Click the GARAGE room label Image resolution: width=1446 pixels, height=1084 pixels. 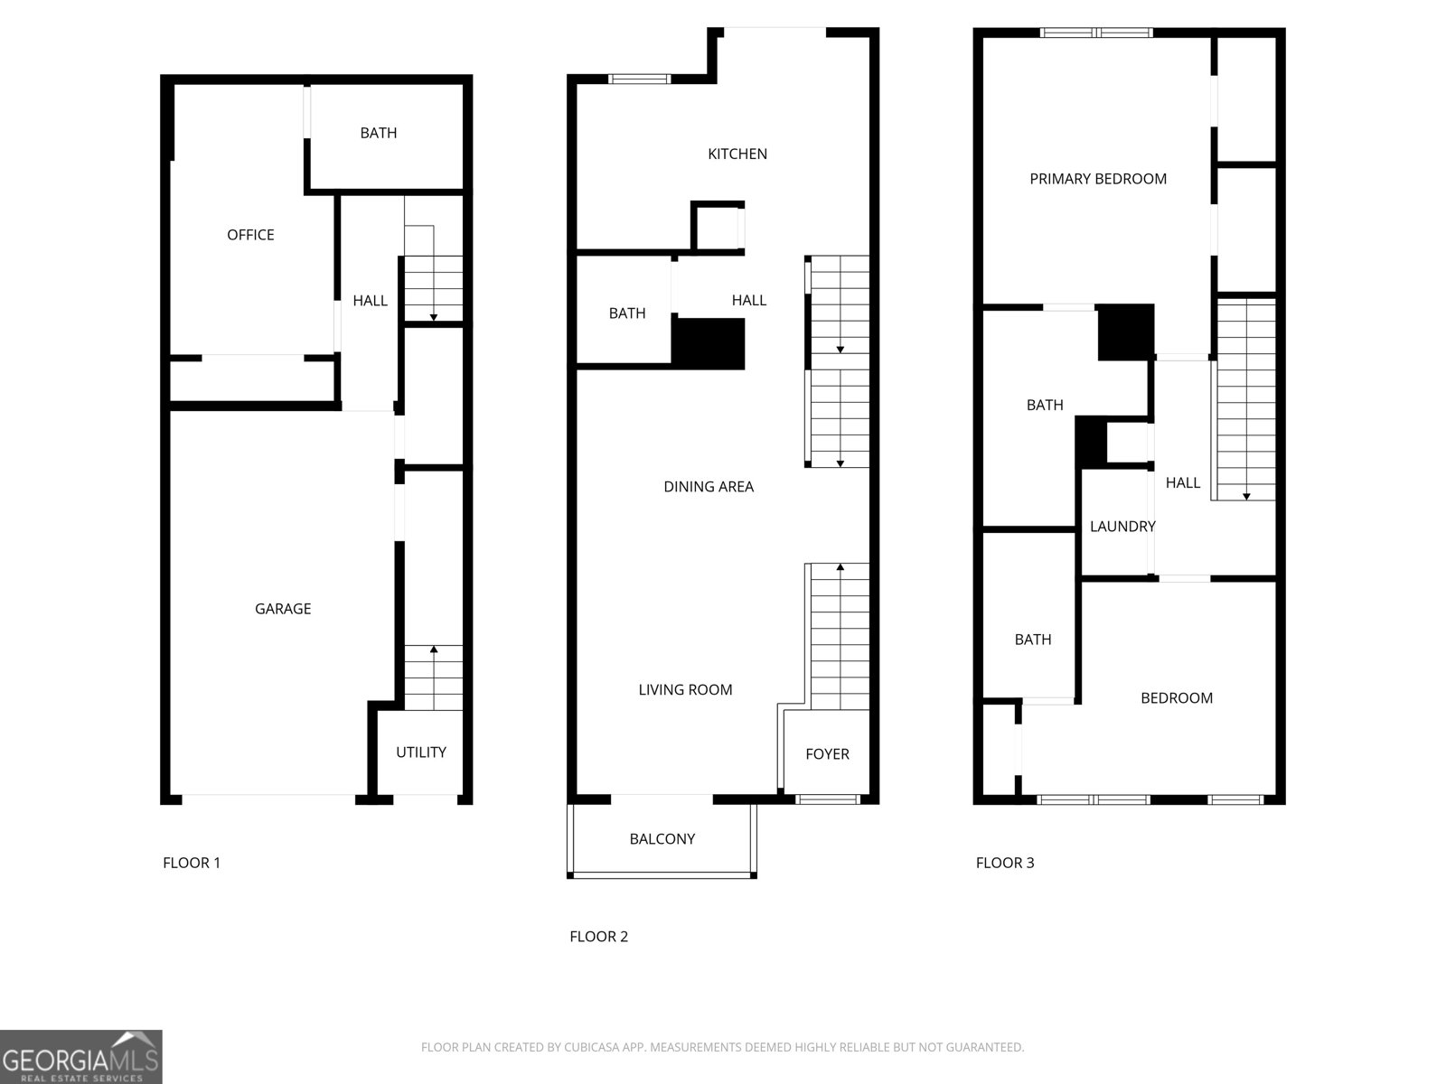point(283,609)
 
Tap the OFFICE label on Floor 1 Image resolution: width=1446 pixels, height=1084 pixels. point(250,235)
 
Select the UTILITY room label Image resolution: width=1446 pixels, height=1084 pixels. point(421,752)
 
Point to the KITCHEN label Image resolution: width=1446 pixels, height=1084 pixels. point(737,154)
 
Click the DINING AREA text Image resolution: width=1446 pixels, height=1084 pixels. point(709,487)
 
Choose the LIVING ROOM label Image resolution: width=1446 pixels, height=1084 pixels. point(685,690)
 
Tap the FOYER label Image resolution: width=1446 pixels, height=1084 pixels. point(827,754)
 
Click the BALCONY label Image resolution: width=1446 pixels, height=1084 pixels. point(662,839)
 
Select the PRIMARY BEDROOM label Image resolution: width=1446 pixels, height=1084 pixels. point(1098,179)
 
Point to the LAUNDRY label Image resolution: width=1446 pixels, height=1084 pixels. point(1122,527)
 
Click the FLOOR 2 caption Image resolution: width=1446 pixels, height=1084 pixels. point(598,937)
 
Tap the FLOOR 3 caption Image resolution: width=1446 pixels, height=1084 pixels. point(1005,863)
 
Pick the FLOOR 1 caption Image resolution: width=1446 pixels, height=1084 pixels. point(192,863)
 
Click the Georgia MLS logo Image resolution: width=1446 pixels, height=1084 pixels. point(81,1058)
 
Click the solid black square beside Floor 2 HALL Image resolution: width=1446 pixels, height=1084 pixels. point(709,343)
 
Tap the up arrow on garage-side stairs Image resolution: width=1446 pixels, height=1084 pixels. point(434,649)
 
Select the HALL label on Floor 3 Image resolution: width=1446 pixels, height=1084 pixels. point(1182,483)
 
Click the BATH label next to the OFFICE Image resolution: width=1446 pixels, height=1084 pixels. point(378,134)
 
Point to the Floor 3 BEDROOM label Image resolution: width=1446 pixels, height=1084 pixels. point(1176,698)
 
